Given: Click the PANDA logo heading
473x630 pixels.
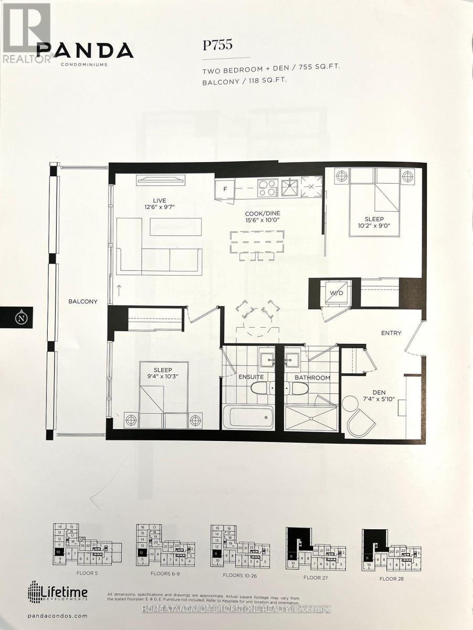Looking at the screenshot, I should pyautogui.click(x=85, y=50).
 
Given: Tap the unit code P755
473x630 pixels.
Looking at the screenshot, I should pyautogui.click(x=218, y=45).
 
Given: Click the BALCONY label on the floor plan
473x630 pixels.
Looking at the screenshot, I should pyautogui.click(x=83, y=301).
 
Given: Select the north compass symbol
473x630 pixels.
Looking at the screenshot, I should pyautogui.click(x=21, y=318).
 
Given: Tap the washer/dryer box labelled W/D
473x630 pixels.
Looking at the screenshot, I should pyautogui.click(x=336, y=293).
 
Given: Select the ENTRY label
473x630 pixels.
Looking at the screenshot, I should pyautogui.click(x=391, y=333).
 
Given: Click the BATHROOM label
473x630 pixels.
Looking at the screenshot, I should pyautogui.click(x=312, y=377).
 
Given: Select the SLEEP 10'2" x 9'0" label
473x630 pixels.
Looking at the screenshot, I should pyautogui.click(x=374, y=223).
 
